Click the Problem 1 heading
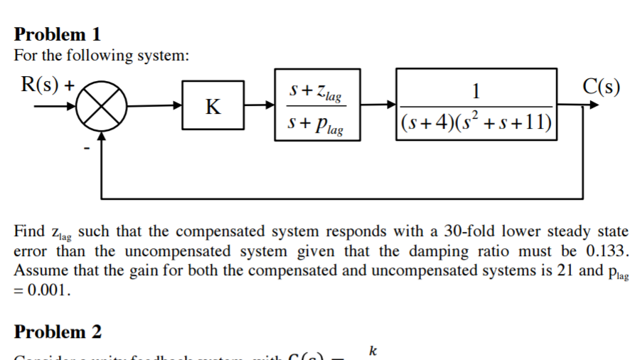click(x=58, y=33)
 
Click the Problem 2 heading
click(x=58, y=332)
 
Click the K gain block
click(x=213, y=106)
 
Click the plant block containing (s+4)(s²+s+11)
click(x=476, y=106)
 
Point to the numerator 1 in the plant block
click(x=476, y=90)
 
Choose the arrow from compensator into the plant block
click(x=378, y=106)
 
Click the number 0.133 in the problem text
click(x=608, y=251)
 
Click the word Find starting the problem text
click(x=29, y=232)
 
